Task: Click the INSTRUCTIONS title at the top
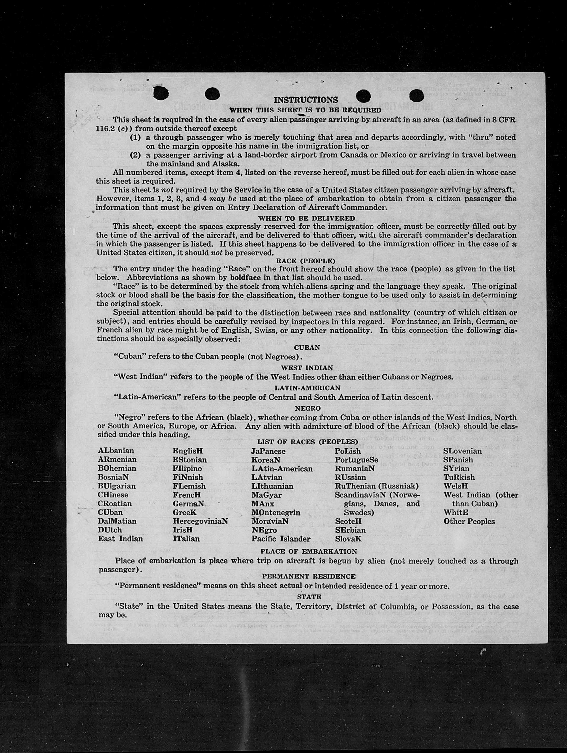click(x=306, y=100)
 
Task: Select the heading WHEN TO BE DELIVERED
click(x=306, y=218)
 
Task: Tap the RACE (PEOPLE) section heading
click(x=306, y=261)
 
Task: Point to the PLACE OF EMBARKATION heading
click(x=309, y=551)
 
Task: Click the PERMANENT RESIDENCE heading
click(x=309, y=576)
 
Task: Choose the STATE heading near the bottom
click(x=309, y=597)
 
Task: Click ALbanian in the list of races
click(x=116, y=451)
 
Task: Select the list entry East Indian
click(x=120, y=539)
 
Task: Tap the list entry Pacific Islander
click(x=281, y=539)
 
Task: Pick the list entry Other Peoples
click(x=469, y=521)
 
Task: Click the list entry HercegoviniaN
click(x=200, y=521)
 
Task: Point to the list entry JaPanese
click(x=268, y=451)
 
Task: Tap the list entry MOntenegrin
click(x=276, y=512)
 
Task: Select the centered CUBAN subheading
click(x=307, y=348)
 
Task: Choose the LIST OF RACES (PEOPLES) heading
click(x=307, y=442)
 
